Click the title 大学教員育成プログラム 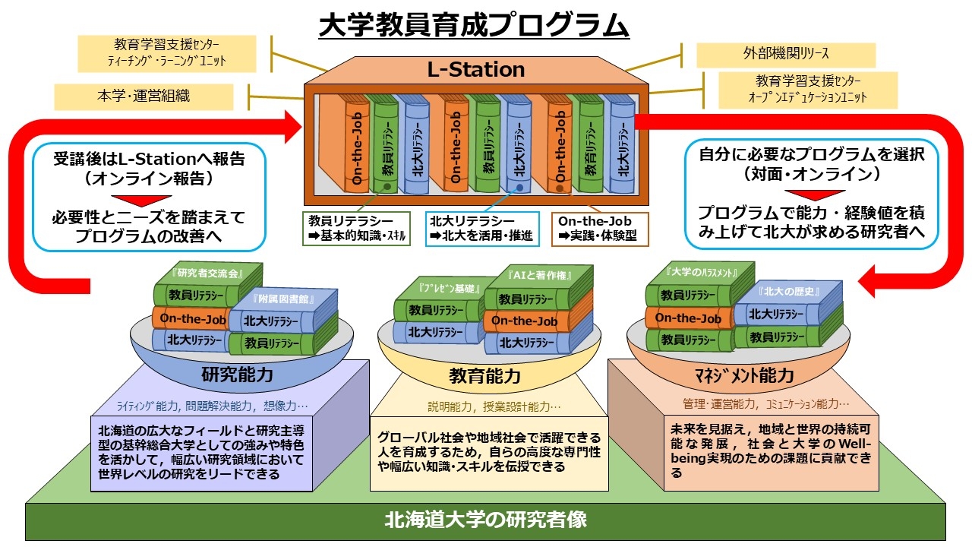coord(474,25)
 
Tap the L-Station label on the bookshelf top coord(476,69)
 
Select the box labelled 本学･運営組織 coord(144,96)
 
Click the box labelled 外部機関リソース coord(786,54)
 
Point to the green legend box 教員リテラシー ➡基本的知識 coord(357,229)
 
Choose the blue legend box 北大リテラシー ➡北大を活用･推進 coord(482,229)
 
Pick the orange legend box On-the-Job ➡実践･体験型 coord(600,229)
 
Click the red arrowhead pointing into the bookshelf coord(292,127)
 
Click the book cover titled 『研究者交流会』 coord(208,273)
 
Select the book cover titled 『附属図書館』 coord(283,299)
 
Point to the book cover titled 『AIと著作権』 coord(538,276)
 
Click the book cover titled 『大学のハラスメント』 coord(700,273)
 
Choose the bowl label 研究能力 coord(237,375)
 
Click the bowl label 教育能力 coord(484,376)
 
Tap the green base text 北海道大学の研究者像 coord(485,520)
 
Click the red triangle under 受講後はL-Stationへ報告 coord(141,201)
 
